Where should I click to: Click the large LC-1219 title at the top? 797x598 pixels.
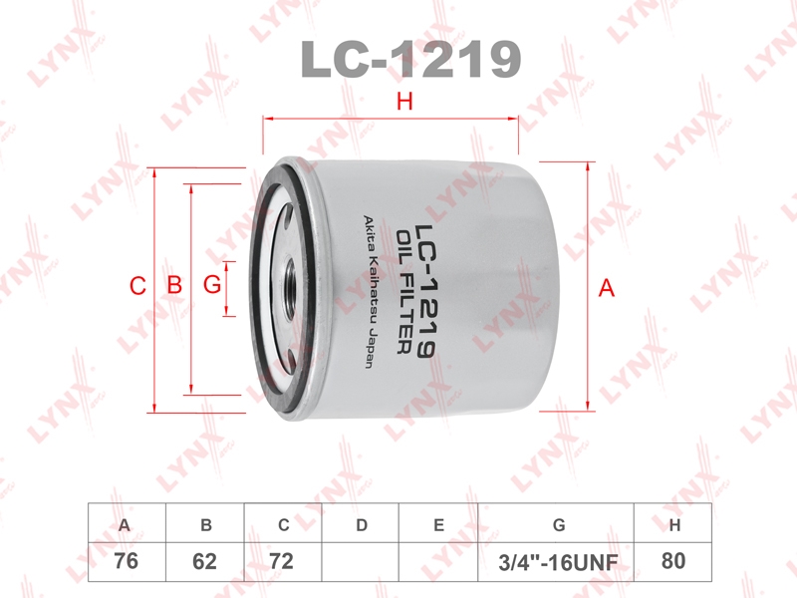410,59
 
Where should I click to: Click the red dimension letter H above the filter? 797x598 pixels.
404,102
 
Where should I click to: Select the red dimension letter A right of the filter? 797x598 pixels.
606,288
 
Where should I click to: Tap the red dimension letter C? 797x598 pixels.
137,286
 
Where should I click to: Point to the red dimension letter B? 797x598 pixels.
175,285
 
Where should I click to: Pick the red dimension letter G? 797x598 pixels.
212,285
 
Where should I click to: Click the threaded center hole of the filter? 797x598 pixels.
290,287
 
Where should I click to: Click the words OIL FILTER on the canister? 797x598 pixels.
404,291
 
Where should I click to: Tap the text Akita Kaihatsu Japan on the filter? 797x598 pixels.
371,291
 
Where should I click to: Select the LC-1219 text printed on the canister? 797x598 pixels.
424,291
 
